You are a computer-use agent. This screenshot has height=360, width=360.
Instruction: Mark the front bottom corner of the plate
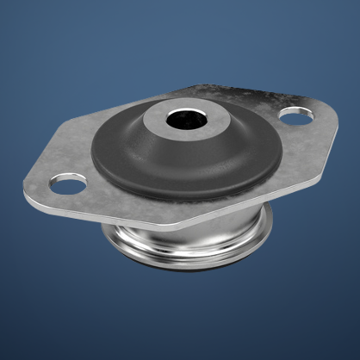189,226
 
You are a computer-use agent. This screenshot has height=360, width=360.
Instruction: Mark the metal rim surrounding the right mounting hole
307,112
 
